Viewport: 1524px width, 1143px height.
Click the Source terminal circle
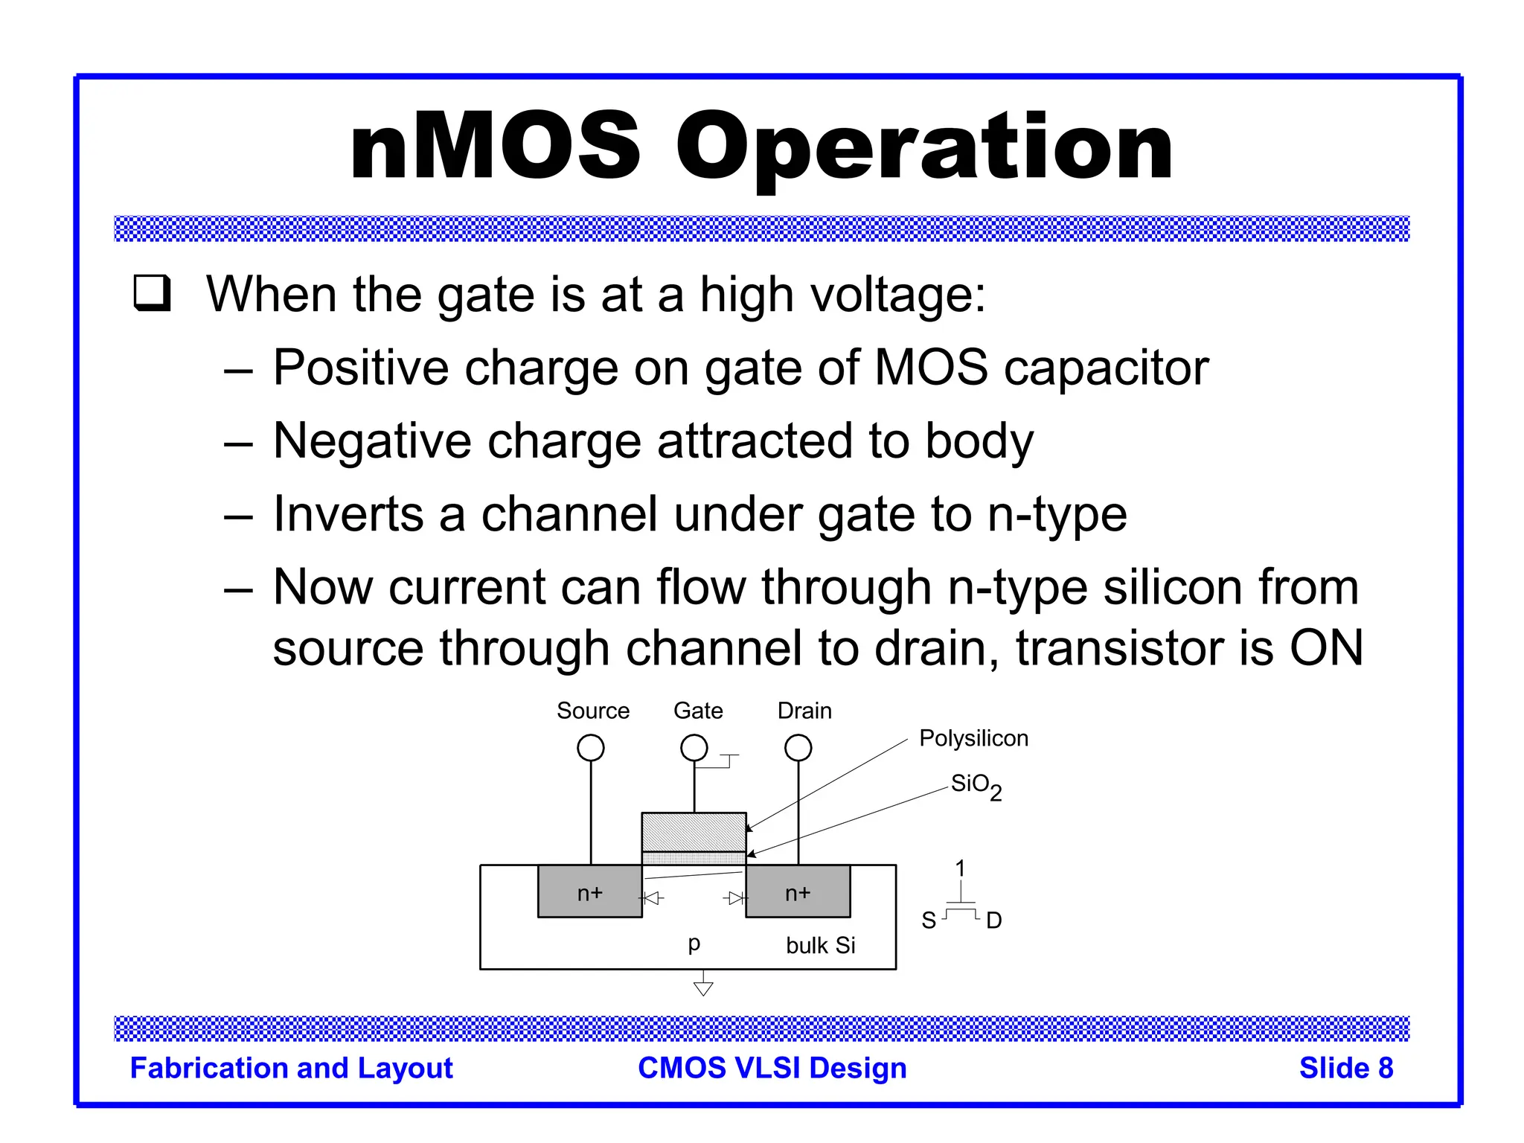(591, 747)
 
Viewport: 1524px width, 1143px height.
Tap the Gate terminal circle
(694, 747)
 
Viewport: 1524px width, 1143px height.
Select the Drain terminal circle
(798, 747)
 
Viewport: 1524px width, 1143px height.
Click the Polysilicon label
(973, 738)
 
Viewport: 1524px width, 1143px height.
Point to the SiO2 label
(976, 786)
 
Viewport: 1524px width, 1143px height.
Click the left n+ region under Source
(590, 892)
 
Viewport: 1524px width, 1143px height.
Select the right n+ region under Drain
(798, 892)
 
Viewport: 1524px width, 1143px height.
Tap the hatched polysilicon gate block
(694, 832)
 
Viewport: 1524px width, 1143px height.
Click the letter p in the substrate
(694, 944)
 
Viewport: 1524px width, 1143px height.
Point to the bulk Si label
(820, 945)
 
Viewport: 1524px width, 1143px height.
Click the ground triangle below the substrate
(703, 988)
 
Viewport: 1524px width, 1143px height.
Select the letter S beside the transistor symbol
(929, 921)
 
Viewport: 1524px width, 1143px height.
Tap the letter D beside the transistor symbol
(993, 921)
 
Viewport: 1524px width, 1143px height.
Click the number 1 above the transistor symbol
(960, 868)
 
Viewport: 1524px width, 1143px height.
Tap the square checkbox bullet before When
(153, 293)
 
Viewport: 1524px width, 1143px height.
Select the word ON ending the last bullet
(1326, 647)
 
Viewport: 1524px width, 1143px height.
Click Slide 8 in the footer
(1345, 1068)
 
